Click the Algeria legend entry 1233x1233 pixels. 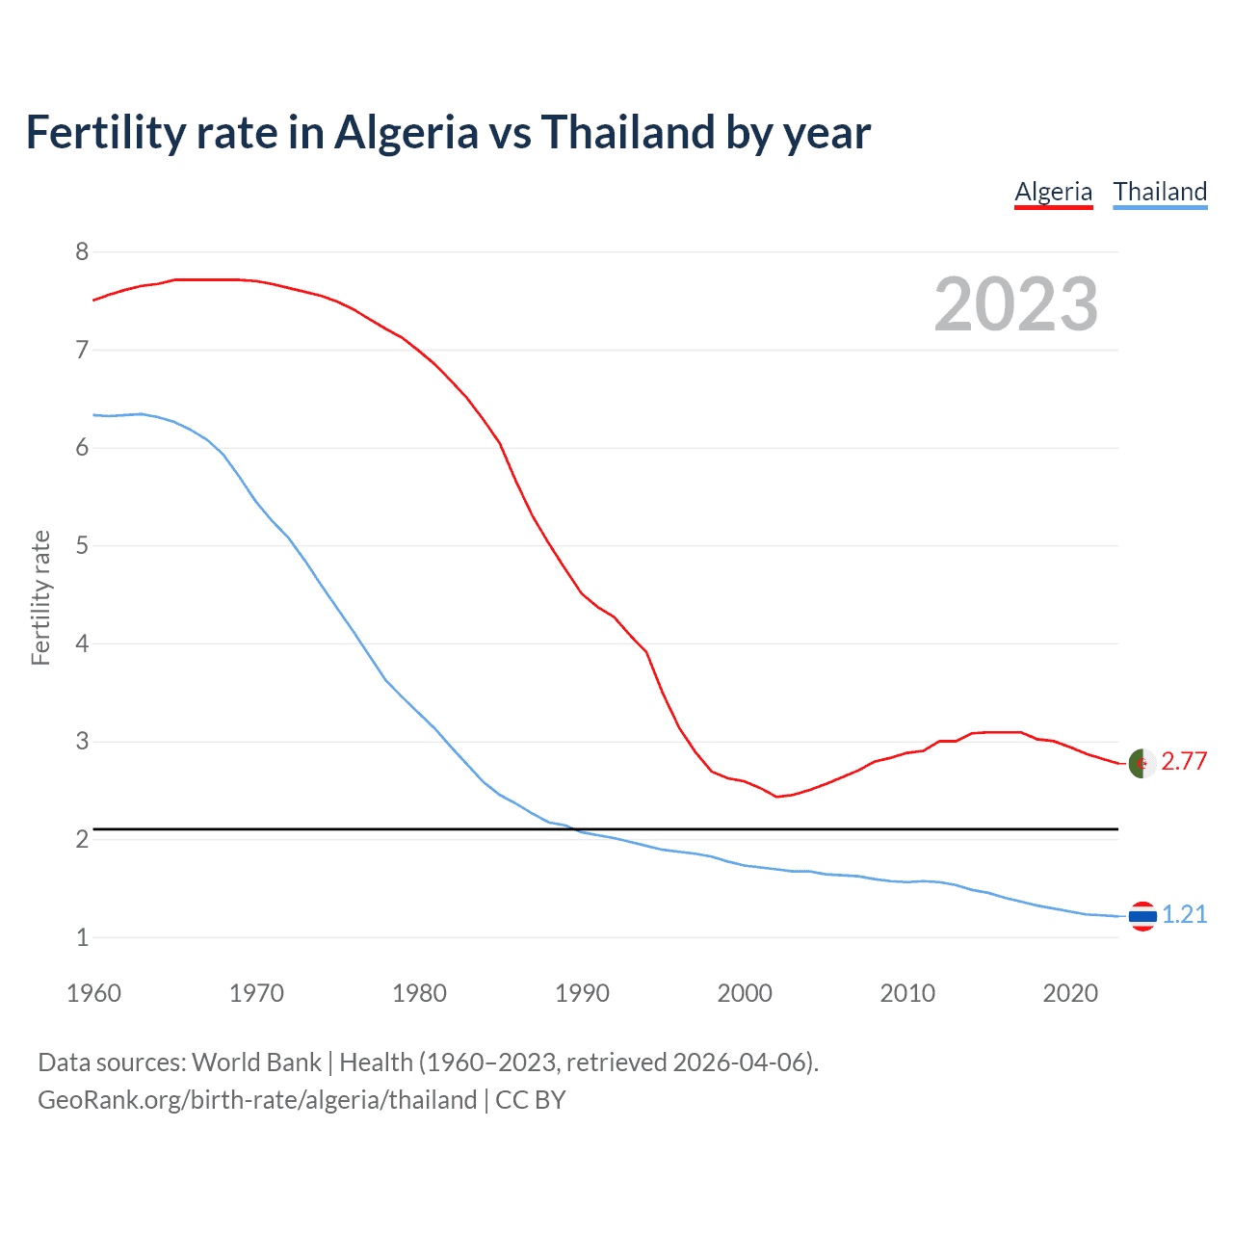(x=1053, y=192)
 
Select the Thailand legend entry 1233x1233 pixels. (x=1160, y=192)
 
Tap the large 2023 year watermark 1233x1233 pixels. (x=1015, y=304)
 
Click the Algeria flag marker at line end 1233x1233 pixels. (x=1141, y=763)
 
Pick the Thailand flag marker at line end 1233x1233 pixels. (x=1141, y=915)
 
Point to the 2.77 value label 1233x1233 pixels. (x=1184, y=762)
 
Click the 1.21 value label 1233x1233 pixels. (x=1184, y=914)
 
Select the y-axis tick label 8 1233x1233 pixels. (x=82, y=252)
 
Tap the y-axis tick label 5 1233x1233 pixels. (x=82, y=546)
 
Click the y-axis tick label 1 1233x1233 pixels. (x=82, y=937)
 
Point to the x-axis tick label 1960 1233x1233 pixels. (x=93, y=993)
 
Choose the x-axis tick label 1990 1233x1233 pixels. (x=582, y=993)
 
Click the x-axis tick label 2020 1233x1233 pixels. (x=1070, y=993)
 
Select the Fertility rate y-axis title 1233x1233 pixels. (x=40, y=597)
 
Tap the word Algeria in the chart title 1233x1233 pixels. (x=406, y=132)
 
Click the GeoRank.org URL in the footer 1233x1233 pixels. (x=257, y=1100)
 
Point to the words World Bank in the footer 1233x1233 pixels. (x=256, y=1062)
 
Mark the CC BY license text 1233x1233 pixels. (x=530, y=1100)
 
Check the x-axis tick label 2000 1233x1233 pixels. (x=745, y=993)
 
